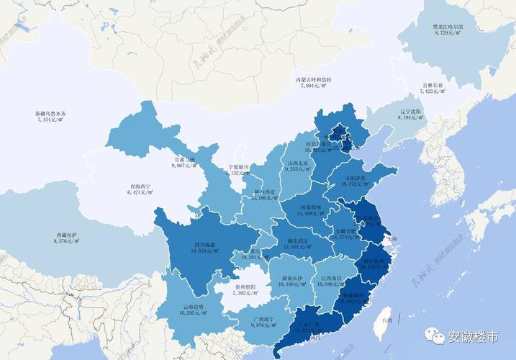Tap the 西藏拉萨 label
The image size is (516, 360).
68,235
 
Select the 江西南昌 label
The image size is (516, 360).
330,278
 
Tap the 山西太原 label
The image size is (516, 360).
299,163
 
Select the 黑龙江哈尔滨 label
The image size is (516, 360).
448,27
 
